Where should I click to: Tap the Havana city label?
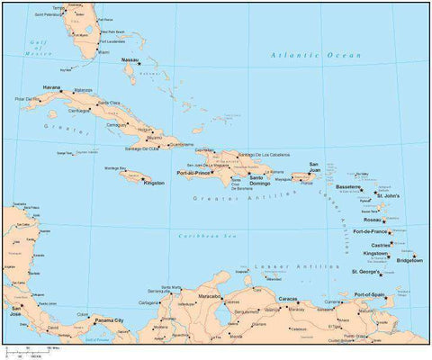coord(51,87)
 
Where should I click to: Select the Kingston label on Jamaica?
coord(154,183)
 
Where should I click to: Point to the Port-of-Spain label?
coord(371,294)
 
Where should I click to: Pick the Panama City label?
coord(109,319)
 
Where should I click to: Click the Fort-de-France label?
coord(372,231)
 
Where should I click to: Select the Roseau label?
coord(372,219)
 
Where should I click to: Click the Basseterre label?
coord(348,187)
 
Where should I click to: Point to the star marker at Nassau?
coord(141,64)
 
